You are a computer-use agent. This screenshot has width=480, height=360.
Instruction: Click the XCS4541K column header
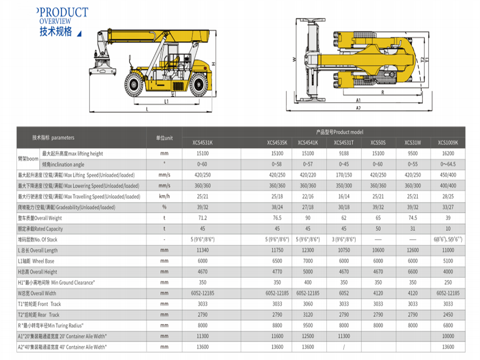pyautogui.click(x=308, y=143)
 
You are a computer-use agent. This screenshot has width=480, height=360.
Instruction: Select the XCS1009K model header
pyautogui.click(x=448, y=143)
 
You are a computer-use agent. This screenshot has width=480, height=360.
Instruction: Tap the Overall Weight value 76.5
pyautogui.click(x=277, y=218)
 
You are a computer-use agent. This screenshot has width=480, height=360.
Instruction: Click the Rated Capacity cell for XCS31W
pyautogui.click(x=412, y=229)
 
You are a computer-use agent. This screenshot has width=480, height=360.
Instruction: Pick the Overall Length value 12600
pyautogui.click(x=412, y=251)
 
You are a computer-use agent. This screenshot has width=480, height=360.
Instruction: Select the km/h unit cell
pyautogui.click(x=164, y=197)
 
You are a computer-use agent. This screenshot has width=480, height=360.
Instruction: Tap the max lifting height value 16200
pyautogui.click(x=448, y=154)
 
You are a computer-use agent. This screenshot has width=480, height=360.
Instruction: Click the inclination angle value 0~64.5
pyautogui.click(x=448, y=165)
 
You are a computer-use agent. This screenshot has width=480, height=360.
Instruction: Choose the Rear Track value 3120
pyautogui.click(x=308, y=315)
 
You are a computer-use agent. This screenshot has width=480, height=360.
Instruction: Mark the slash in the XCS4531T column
pyautogui.click(x=344, y=347)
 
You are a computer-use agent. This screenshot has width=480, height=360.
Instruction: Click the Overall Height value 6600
pyautogui.click(x=412, y=272)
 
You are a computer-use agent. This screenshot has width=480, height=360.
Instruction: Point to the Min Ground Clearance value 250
pyautogui.click(x=448, y=283)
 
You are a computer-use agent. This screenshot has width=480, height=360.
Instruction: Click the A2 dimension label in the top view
pyautogui.click(x=358, y=108)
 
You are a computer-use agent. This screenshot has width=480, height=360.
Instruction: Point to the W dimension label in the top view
pyautogui.click(x=294, y=60)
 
